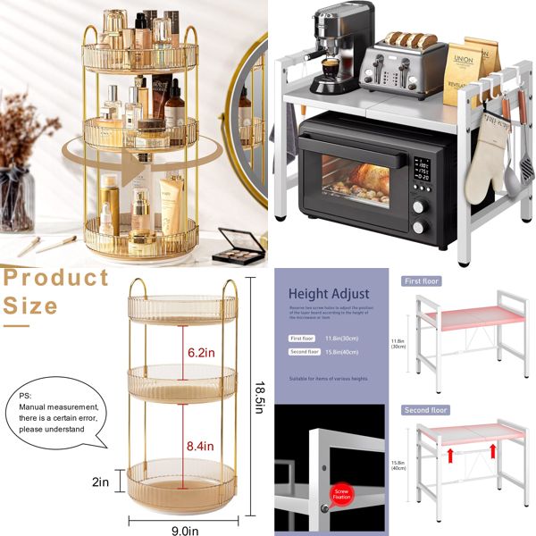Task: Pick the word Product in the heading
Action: [55, 278]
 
